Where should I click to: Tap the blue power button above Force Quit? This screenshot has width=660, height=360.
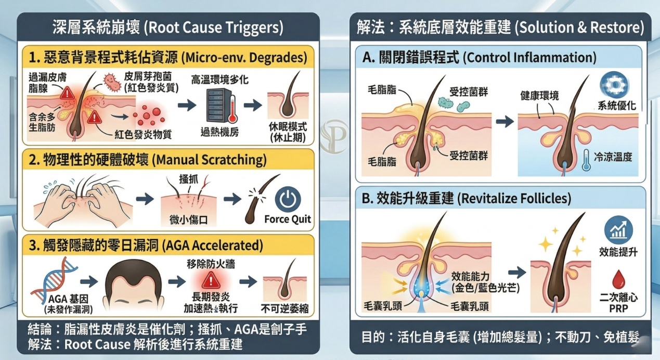pyautogui.click(x=288, y=199)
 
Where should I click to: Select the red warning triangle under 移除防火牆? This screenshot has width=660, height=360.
pyautogui.click(x=211, y=280)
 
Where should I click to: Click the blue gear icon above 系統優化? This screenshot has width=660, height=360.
pyautogui.click(x=614, y=85)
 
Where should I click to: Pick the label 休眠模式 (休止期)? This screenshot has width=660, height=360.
pyautogui.click(x=288, y=132)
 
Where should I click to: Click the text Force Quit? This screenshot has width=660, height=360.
pyautogui.click(x=288, y=220)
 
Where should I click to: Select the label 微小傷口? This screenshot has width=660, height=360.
pyautogui.click(x=189, y=220)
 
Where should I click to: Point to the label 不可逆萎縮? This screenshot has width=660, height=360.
pyautogui.click(x=284, y=308)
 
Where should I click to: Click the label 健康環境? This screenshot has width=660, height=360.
pyautogui.click(x=539, y=96)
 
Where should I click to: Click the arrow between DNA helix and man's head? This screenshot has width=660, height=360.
pyautogui.click(x=89, y=281)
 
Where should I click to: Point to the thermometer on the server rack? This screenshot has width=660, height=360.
pyautogui.click(x=232, y=109)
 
